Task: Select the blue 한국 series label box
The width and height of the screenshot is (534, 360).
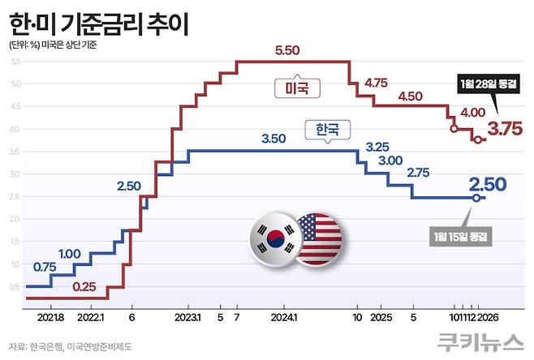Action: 323,129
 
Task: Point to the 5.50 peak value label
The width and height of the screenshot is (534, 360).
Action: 287,50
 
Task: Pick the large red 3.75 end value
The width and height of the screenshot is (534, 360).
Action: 504,129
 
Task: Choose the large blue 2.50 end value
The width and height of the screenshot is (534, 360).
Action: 487,184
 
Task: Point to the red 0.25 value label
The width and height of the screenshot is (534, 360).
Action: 84,286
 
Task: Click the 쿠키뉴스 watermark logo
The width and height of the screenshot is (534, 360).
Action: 479,343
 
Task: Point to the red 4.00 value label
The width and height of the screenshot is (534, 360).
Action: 472,113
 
